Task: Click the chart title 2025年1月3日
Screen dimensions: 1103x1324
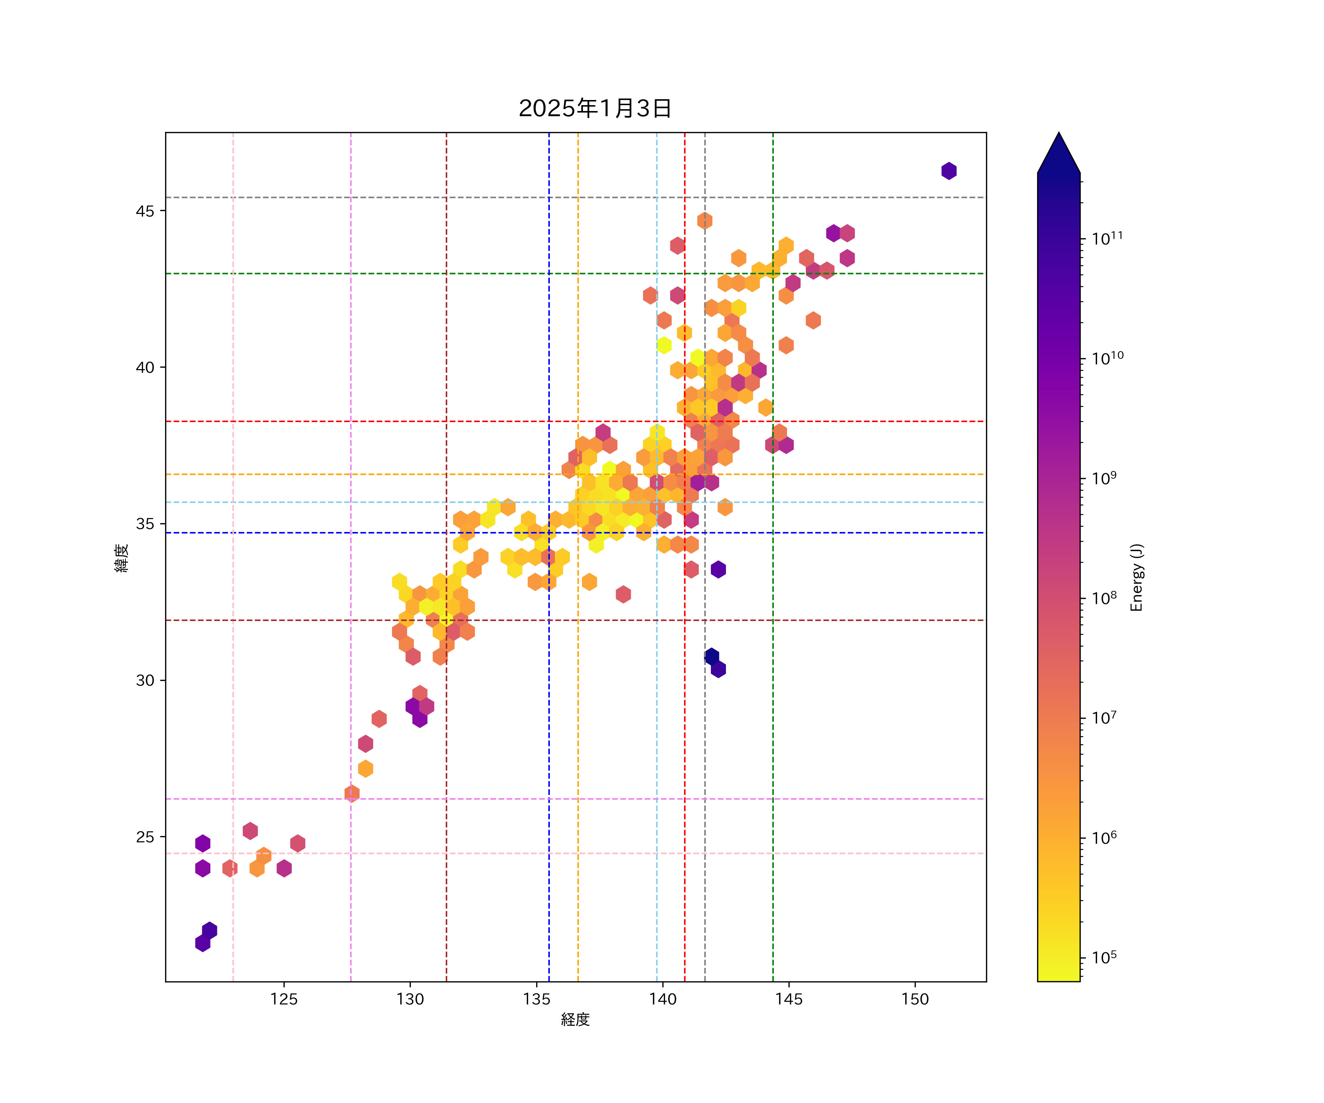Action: pos(595,108)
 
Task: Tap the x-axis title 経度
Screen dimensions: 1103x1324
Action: pos(575,1019)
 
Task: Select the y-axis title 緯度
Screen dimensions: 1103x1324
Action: pos(122,558)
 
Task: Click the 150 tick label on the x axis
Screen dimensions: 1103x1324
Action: pos(915,999)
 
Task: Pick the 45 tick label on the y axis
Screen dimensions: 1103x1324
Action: pos(145,211)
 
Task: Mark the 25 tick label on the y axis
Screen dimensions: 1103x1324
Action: pos(145,837)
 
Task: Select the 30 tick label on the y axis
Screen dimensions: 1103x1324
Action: pos(145,681)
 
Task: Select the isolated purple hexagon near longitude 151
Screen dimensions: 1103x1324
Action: pos(949,171)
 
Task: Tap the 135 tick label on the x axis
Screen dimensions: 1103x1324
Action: pos(537,999)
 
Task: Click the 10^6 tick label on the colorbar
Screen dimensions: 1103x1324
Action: pos(1104,838)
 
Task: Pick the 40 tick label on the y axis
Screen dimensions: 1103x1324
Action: pos(145,367)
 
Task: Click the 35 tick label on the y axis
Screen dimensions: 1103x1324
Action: pos(145,524)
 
